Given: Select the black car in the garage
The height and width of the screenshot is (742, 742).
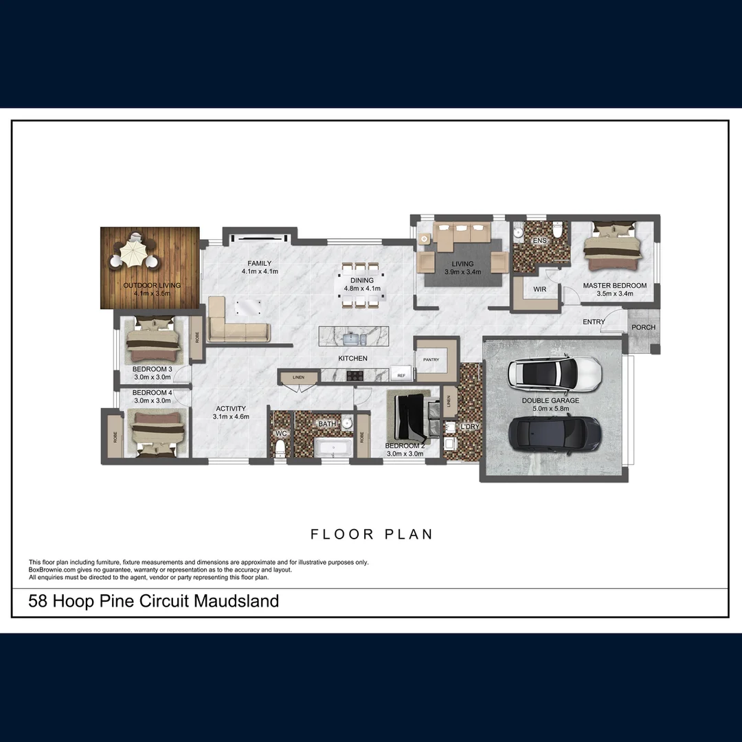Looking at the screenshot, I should coord(554,433).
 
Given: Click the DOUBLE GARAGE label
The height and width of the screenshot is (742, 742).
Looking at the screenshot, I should coord(550,401).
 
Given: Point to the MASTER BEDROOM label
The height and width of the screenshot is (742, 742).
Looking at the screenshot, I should coord(614,285).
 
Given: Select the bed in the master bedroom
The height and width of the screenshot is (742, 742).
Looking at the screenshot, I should coord(612,246).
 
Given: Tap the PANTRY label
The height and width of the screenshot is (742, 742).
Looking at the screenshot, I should coord(431,359).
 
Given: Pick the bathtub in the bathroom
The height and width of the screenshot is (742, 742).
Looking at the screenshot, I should coord(333,448).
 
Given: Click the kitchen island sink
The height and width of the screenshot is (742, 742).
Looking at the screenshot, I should coord(352,338).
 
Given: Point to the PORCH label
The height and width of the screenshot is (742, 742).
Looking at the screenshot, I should coord(643,327).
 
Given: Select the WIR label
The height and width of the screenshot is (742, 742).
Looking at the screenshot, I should coord(540,289).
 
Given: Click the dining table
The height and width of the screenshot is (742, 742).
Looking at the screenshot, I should coord(362,284).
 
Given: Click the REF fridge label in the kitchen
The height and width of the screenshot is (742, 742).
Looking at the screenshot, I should coord(401,376).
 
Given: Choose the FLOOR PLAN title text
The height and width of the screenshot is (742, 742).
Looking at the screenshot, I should coord(371,534).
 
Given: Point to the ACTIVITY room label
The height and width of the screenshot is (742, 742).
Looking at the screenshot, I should coord(231,408).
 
